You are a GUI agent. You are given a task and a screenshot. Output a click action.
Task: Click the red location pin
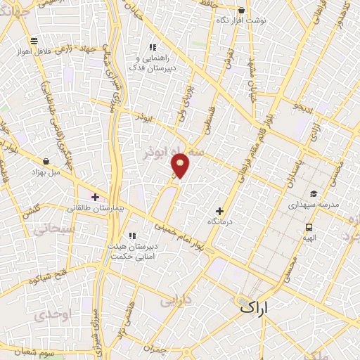tap(181, 166)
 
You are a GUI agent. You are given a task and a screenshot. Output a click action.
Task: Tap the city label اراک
tap(254, 307)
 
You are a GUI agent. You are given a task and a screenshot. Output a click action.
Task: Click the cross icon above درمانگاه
tap(219, 211)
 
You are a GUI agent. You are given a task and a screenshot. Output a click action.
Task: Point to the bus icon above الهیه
tap(309, 227)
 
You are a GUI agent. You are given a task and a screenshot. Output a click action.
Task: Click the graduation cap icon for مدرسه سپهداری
tap(313, 194)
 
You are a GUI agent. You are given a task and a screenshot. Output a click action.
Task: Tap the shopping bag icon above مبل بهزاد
tap(46, 162)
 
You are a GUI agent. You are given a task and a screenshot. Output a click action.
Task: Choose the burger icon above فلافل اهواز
tap(33, 41)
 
